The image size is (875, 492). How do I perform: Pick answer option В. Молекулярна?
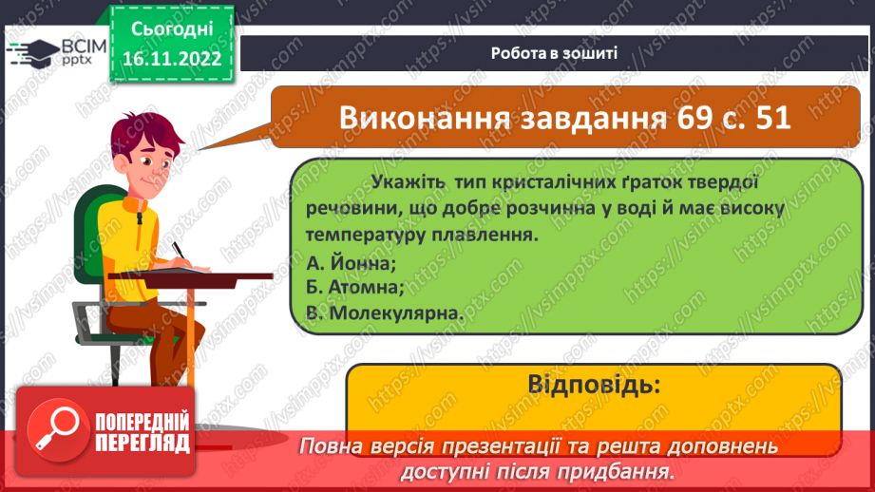coord(384,312)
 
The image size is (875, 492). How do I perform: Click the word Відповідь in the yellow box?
coord(592,386)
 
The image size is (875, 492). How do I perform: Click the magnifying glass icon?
coord(53,426)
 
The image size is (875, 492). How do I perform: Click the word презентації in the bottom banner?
coord(507,446)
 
